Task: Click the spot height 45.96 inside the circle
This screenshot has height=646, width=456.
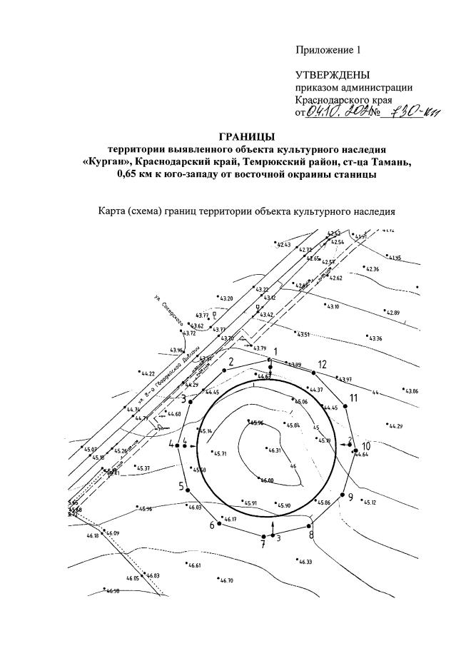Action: (255, 423)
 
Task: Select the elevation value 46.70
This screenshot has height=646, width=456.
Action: (226, 580)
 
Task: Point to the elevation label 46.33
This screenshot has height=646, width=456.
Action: (305, 562)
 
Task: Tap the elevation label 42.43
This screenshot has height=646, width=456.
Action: (283, 245)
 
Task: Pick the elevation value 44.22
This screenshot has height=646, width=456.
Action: (148, 373)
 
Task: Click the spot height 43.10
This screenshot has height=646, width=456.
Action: (313, 306)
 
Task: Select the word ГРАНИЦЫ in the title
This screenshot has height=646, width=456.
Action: (245, 136)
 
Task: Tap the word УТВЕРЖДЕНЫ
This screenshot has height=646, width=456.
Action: (333, 75)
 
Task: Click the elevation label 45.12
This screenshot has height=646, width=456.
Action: (370, 502)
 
